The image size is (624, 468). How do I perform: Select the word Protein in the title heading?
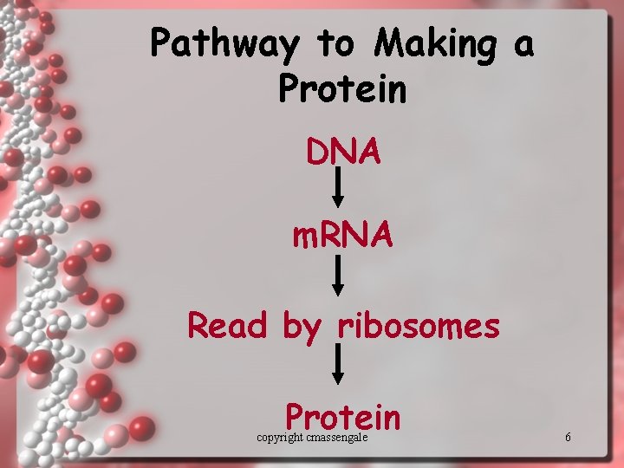click(x=342, y=88)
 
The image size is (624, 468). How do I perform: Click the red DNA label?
click(x=342, y=152)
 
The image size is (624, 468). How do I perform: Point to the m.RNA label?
click(x=342, y=234)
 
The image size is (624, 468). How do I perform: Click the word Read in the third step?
click(x=229, y=326)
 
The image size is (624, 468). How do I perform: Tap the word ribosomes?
click(x=419, y=326)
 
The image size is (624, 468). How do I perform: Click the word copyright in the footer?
click(x=280, y=438)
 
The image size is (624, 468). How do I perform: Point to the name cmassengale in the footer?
click(x=337, y=438)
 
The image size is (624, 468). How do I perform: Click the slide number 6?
click(x=568, y=438)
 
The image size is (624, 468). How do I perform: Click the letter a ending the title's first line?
click(x=523, y=45)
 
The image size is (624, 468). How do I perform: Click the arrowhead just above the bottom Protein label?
click(x=339, y=378)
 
